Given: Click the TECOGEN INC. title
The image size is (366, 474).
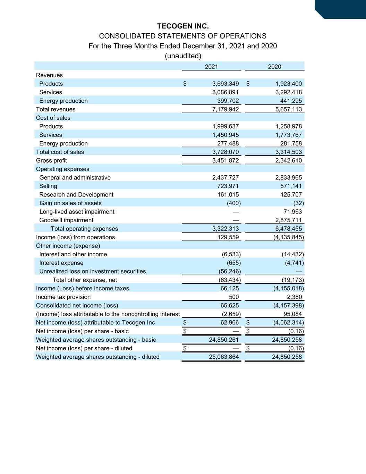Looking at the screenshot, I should (183, 26).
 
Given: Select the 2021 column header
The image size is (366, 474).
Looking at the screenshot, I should (211, 67).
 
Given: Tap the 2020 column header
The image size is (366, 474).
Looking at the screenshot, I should (274, 67).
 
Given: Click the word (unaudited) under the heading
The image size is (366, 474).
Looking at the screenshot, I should (183, 56).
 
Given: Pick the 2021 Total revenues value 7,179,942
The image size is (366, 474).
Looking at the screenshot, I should (225, 109).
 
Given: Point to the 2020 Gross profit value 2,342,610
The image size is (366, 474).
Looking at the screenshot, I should (288, 160).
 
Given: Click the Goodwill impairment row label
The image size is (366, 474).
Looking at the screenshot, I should (66, 220).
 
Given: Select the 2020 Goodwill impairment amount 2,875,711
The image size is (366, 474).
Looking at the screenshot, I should (288, 220).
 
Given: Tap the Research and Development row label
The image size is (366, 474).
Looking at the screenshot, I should (76, 194).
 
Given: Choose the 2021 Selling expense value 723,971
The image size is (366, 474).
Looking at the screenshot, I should (228, 186).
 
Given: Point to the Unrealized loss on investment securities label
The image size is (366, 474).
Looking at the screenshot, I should (92, 271).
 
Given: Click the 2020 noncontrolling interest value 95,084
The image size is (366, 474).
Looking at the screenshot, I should (292, 314).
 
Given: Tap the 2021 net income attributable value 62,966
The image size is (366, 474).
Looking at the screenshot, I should (229, 323).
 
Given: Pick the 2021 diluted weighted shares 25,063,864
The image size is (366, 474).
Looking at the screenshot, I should (224, 357).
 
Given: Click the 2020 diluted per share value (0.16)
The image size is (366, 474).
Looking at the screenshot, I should (296, 348).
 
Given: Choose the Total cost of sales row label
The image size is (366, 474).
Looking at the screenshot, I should (60, 152).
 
